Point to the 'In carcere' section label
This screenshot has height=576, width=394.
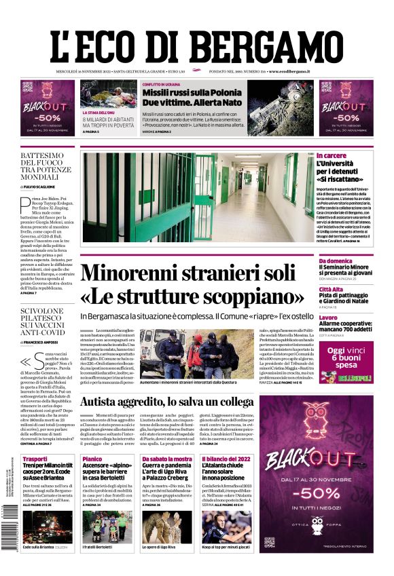click(332, 156)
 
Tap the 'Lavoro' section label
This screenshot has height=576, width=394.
click(328, 318)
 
